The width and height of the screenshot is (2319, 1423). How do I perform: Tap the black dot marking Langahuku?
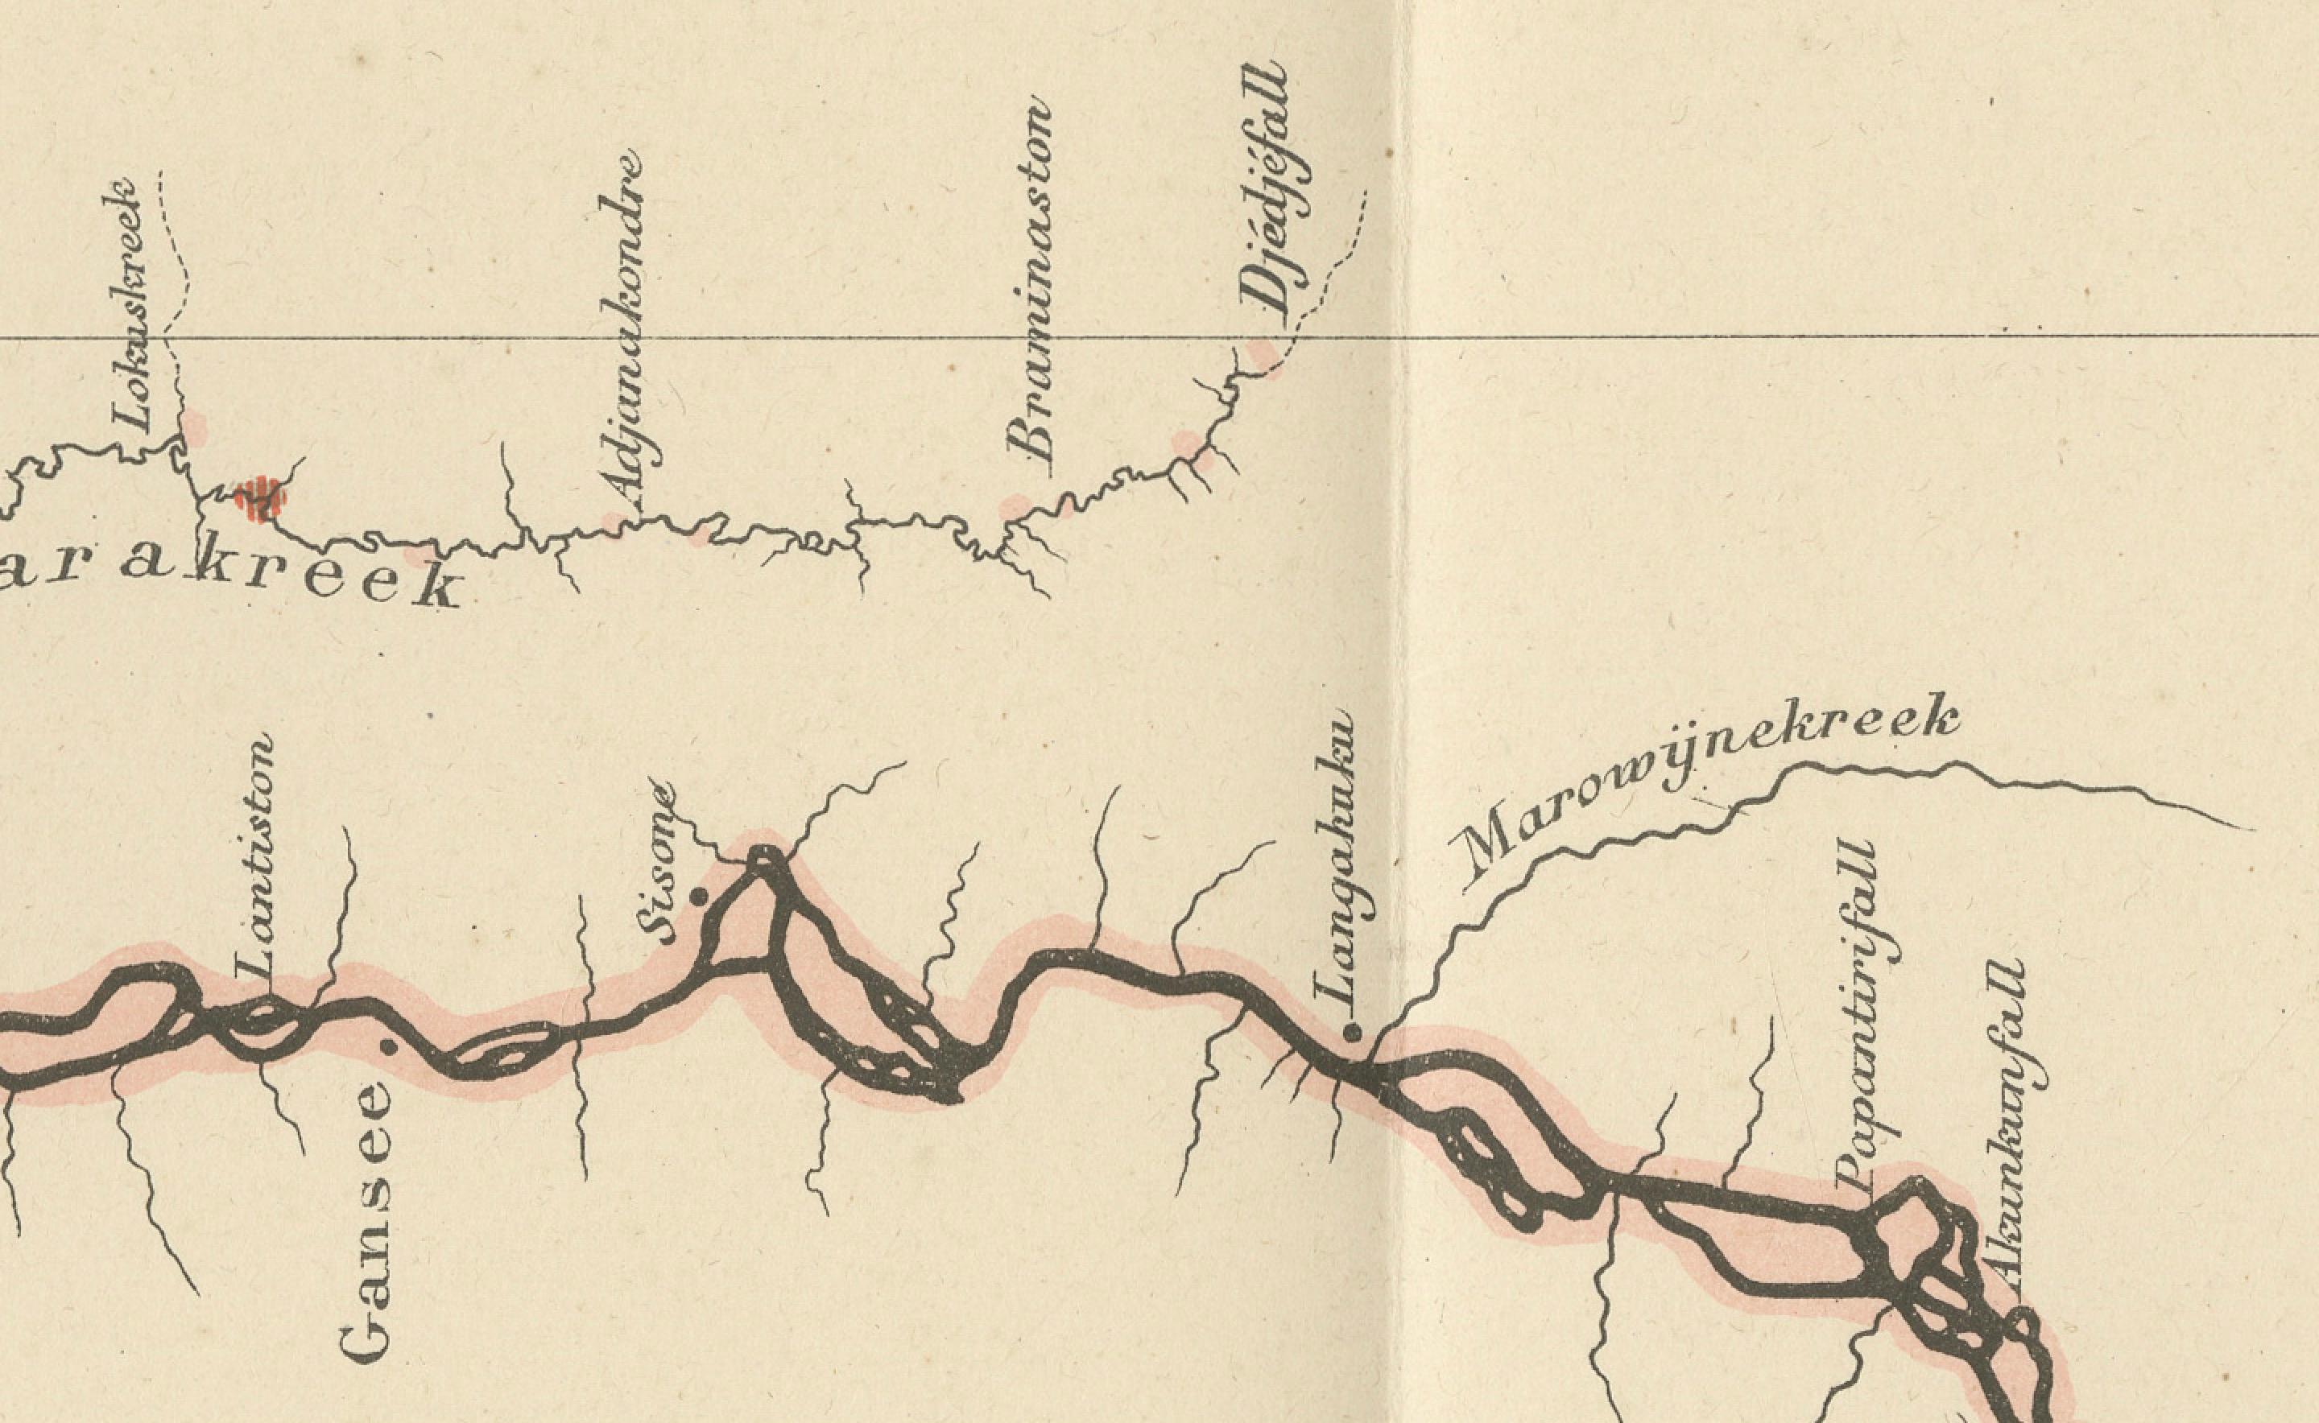click(x=1353, y=1033)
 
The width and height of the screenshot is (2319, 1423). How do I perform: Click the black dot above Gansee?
click(x=387, y=1046)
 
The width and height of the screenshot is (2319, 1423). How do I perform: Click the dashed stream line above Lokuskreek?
click(x=174, y=254)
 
